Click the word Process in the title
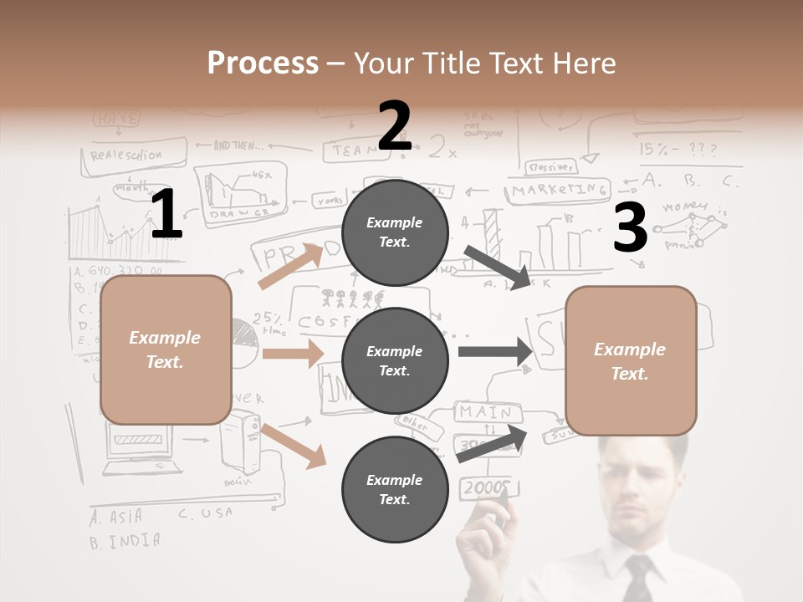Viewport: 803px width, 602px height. click(x=263, y=63)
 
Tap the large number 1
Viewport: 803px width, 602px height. click(x=166, y=215)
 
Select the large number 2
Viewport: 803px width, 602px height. click(x=395, y=126)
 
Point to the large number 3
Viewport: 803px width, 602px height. click(x=630, y=228)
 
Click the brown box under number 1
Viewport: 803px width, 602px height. click(x=166, y=349)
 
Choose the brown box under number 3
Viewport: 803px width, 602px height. click(x=631, y=360)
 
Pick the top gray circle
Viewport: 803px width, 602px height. click(x=395, y=232)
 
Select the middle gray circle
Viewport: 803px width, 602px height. click(x=395, y=360)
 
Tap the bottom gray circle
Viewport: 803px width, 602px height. click(x=395, y=489)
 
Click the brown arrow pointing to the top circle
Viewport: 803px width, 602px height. click(x=289, y=267)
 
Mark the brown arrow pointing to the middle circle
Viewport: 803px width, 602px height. click(x=292, y=354)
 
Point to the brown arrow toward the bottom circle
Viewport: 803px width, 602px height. click(x=294, y=446)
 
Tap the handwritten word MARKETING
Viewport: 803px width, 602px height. click(x=559, y=191)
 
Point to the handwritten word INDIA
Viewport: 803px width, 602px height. click(x=133, y=540)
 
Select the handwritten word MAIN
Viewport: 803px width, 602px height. click(x=485, y=411)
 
